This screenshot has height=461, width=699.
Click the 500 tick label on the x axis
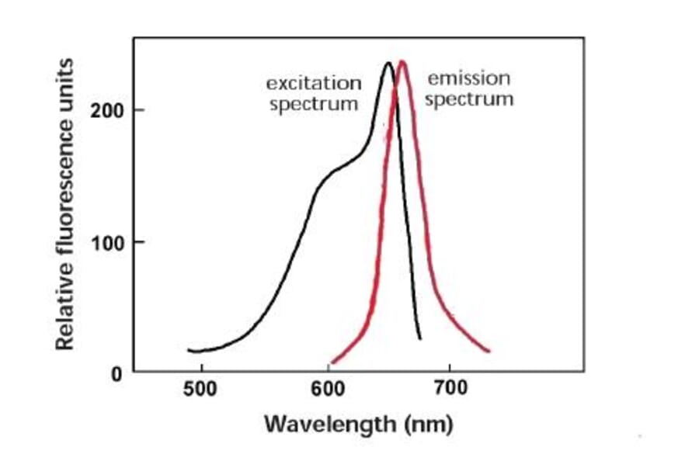[200, 387]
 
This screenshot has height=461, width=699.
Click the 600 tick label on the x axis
[327, 387]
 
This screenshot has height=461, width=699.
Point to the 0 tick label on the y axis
[116, 373]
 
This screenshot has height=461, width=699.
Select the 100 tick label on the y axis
[106, 242]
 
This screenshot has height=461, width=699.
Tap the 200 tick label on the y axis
[106, 110]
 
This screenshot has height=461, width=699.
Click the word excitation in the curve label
[314, 83]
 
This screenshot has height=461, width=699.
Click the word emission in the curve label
[469, 78]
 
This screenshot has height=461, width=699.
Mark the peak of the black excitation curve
[388, 63]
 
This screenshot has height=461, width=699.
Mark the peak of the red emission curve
[402, 61]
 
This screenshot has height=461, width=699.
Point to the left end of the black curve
[189, 350]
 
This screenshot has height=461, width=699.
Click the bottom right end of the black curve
[420, 338]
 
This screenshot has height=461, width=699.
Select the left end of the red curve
[332, 362]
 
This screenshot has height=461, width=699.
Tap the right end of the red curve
[489, 351]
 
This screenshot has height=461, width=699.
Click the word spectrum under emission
[469, 100]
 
